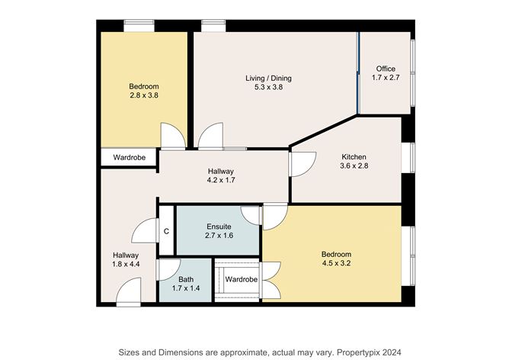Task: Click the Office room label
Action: pyautogui.click(x=385, y=69)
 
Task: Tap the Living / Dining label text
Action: pyautogui.click(x=268, y=79)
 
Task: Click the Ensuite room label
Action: pyautogui.click(x=219, y=227)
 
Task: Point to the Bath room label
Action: pyautogui.click(x=186, y=279)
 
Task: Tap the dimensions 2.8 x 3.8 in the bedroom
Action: pyautogui.click(x=143, y=96)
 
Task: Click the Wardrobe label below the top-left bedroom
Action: pyautogui.click(x=130, y=158)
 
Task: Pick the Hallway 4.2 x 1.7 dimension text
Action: pyautogui.click(x=222, y=182)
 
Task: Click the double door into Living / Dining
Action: pyautogui.click(x=210, y=137)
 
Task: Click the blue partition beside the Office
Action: pyautogui.click(x=358, y=72)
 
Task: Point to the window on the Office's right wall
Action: pyautogui.click(x=413, y=72)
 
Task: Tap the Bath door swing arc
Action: pyautogui.click(x=167, y=270)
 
